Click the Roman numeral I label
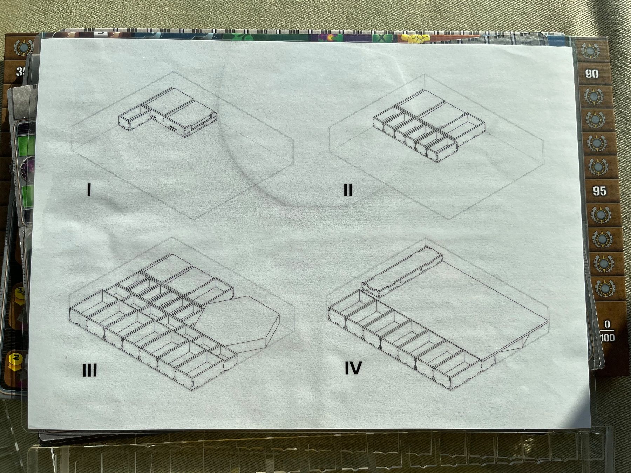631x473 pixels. coord(89,189)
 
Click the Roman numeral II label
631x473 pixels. coord(348,190)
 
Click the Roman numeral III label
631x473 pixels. coord(90,370)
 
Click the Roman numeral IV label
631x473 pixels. coord(353,368)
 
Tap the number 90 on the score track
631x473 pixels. coord(592,74)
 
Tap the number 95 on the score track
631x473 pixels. coord(599,191)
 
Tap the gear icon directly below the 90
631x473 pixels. coord(593,96)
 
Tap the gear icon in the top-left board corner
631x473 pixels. coord(22,48)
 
